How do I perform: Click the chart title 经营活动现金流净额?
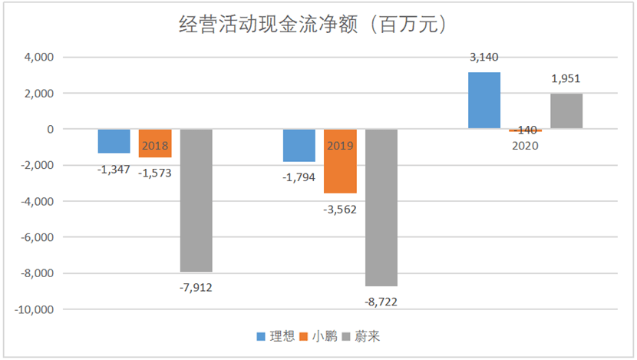click(268, 25)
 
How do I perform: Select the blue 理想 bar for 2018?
click(114, 141)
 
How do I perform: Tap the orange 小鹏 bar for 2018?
click(155, 143)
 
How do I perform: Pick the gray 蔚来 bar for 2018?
click(196, 200)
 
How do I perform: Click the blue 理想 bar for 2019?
click(299, 145)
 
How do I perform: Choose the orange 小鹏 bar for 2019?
click(341, 161)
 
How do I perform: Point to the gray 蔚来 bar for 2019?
click(381, 207)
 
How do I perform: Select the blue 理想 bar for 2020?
click(484, 101)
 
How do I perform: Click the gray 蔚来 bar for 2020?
click(566, 111)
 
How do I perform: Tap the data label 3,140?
click(484, 58)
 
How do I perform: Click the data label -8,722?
click(381, 302)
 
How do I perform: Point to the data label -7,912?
click(196, 288)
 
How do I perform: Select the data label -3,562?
click(340, 210)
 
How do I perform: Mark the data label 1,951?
click(566, 79)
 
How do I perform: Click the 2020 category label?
click(525, 146)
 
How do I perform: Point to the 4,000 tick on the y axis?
click(39, 58)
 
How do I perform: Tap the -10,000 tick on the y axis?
click(34, 309)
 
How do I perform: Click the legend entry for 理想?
click(276, 336)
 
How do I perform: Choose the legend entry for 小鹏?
click(318, 336)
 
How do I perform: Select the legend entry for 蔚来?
click(361, 336)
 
